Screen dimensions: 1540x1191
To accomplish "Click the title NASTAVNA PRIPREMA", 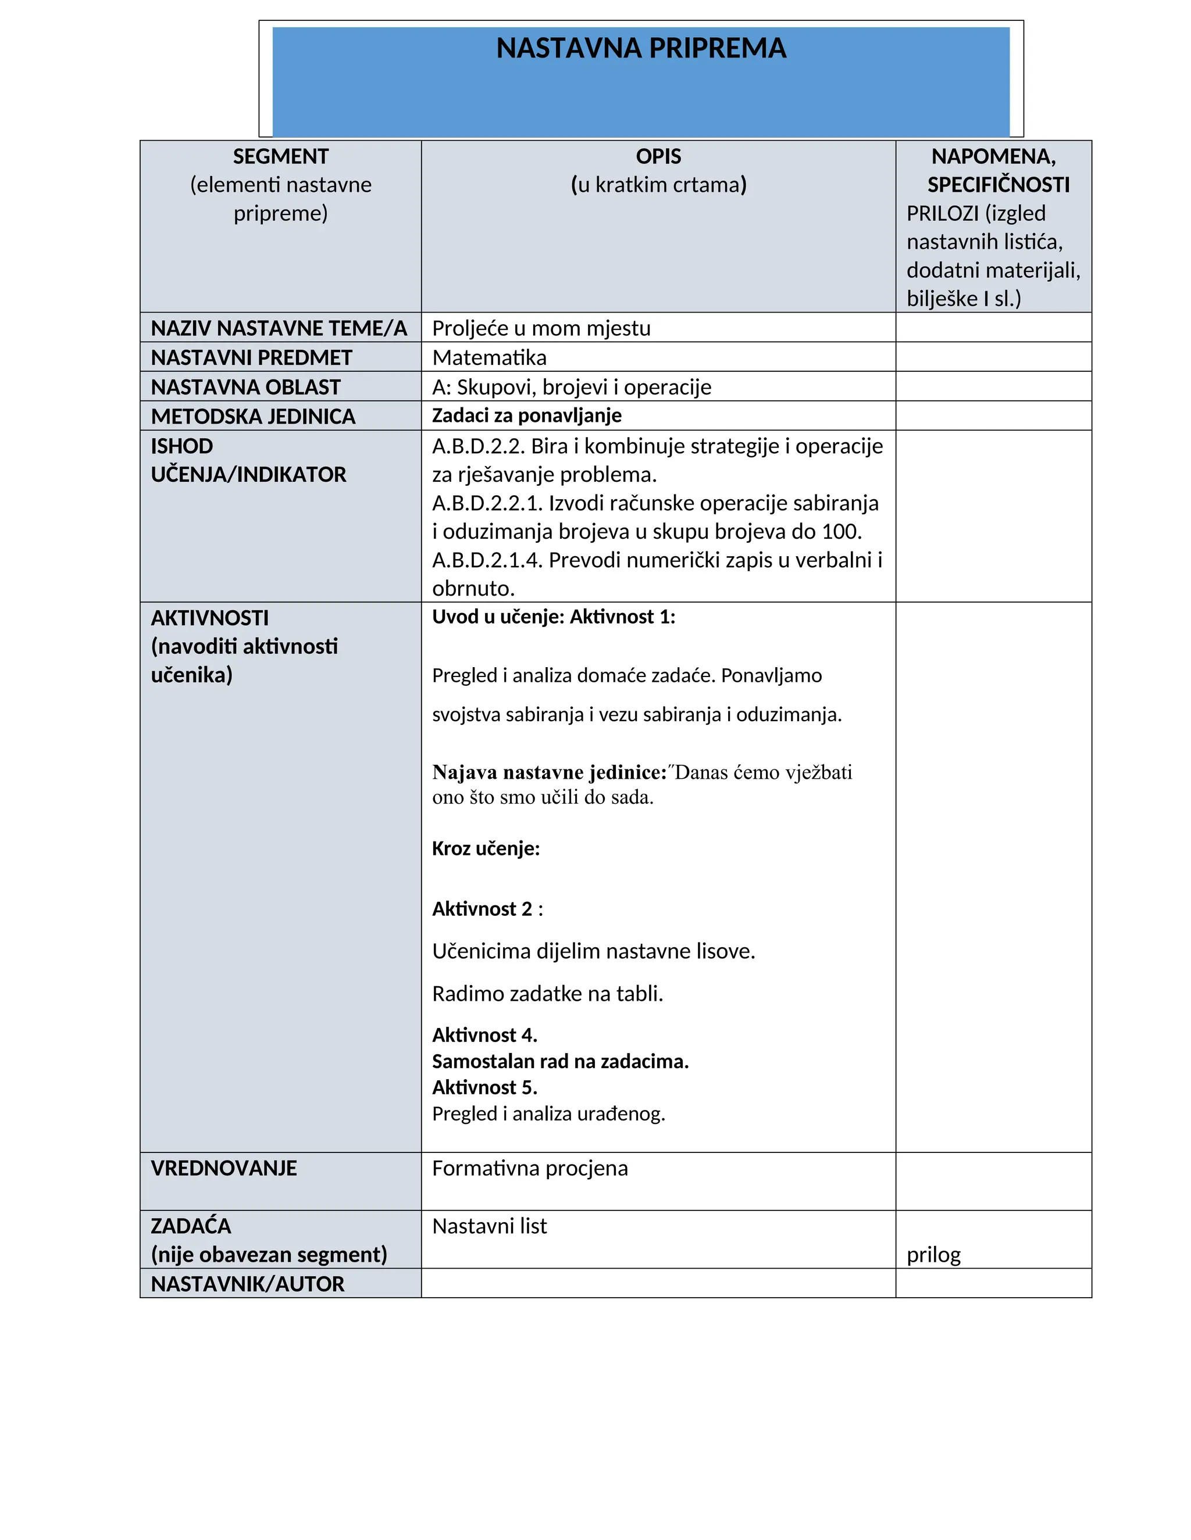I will [x=641, y=48].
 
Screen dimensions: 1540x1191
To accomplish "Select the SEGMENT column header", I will [x=280, y=156].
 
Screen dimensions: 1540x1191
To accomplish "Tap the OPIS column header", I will [x=658, y=156].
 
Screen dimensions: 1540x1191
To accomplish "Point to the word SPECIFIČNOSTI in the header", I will [x=998, y=185].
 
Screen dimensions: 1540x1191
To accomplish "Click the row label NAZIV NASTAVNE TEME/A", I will [x=279, y=328].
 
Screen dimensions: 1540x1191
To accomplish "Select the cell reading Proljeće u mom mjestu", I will [x=541, y=328].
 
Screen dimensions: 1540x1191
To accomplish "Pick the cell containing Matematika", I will [x=489, y=357].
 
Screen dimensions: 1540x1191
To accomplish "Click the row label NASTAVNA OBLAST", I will [x=245, y=387].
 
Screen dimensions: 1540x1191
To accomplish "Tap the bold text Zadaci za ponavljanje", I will [x=526, y=416].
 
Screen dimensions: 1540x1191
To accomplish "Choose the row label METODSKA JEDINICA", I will [x=252, y=417].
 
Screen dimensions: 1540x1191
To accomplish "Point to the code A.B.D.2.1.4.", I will [x=487, y=560].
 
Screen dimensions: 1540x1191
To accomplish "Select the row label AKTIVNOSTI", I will [x=209, y=618].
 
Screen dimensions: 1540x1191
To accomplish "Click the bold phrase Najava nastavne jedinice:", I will [x=549, y=772].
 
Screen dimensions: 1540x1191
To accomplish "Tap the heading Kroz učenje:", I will [x=486, y=848].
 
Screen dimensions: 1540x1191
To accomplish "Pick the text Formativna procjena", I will [x=529, y=1169].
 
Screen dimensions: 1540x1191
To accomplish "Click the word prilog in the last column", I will [x=933, y=1255].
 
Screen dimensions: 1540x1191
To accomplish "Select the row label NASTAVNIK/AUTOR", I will [x=248, y=1284].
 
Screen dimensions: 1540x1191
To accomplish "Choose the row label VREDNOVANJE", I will [x=224, y=1169].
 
